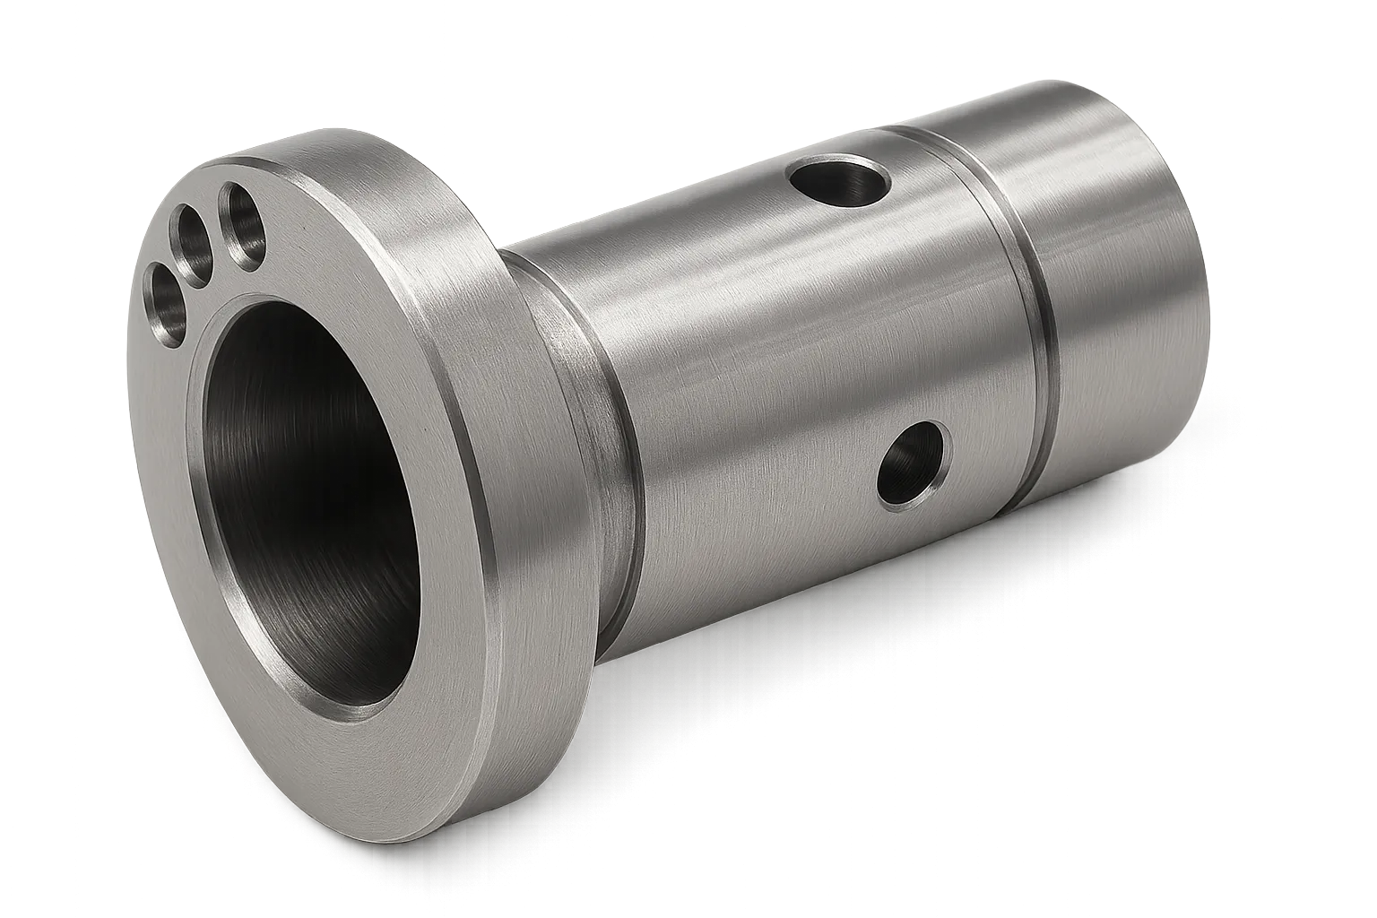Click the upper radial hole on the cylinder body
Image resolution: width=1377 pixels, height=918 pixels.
(840, 183)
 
